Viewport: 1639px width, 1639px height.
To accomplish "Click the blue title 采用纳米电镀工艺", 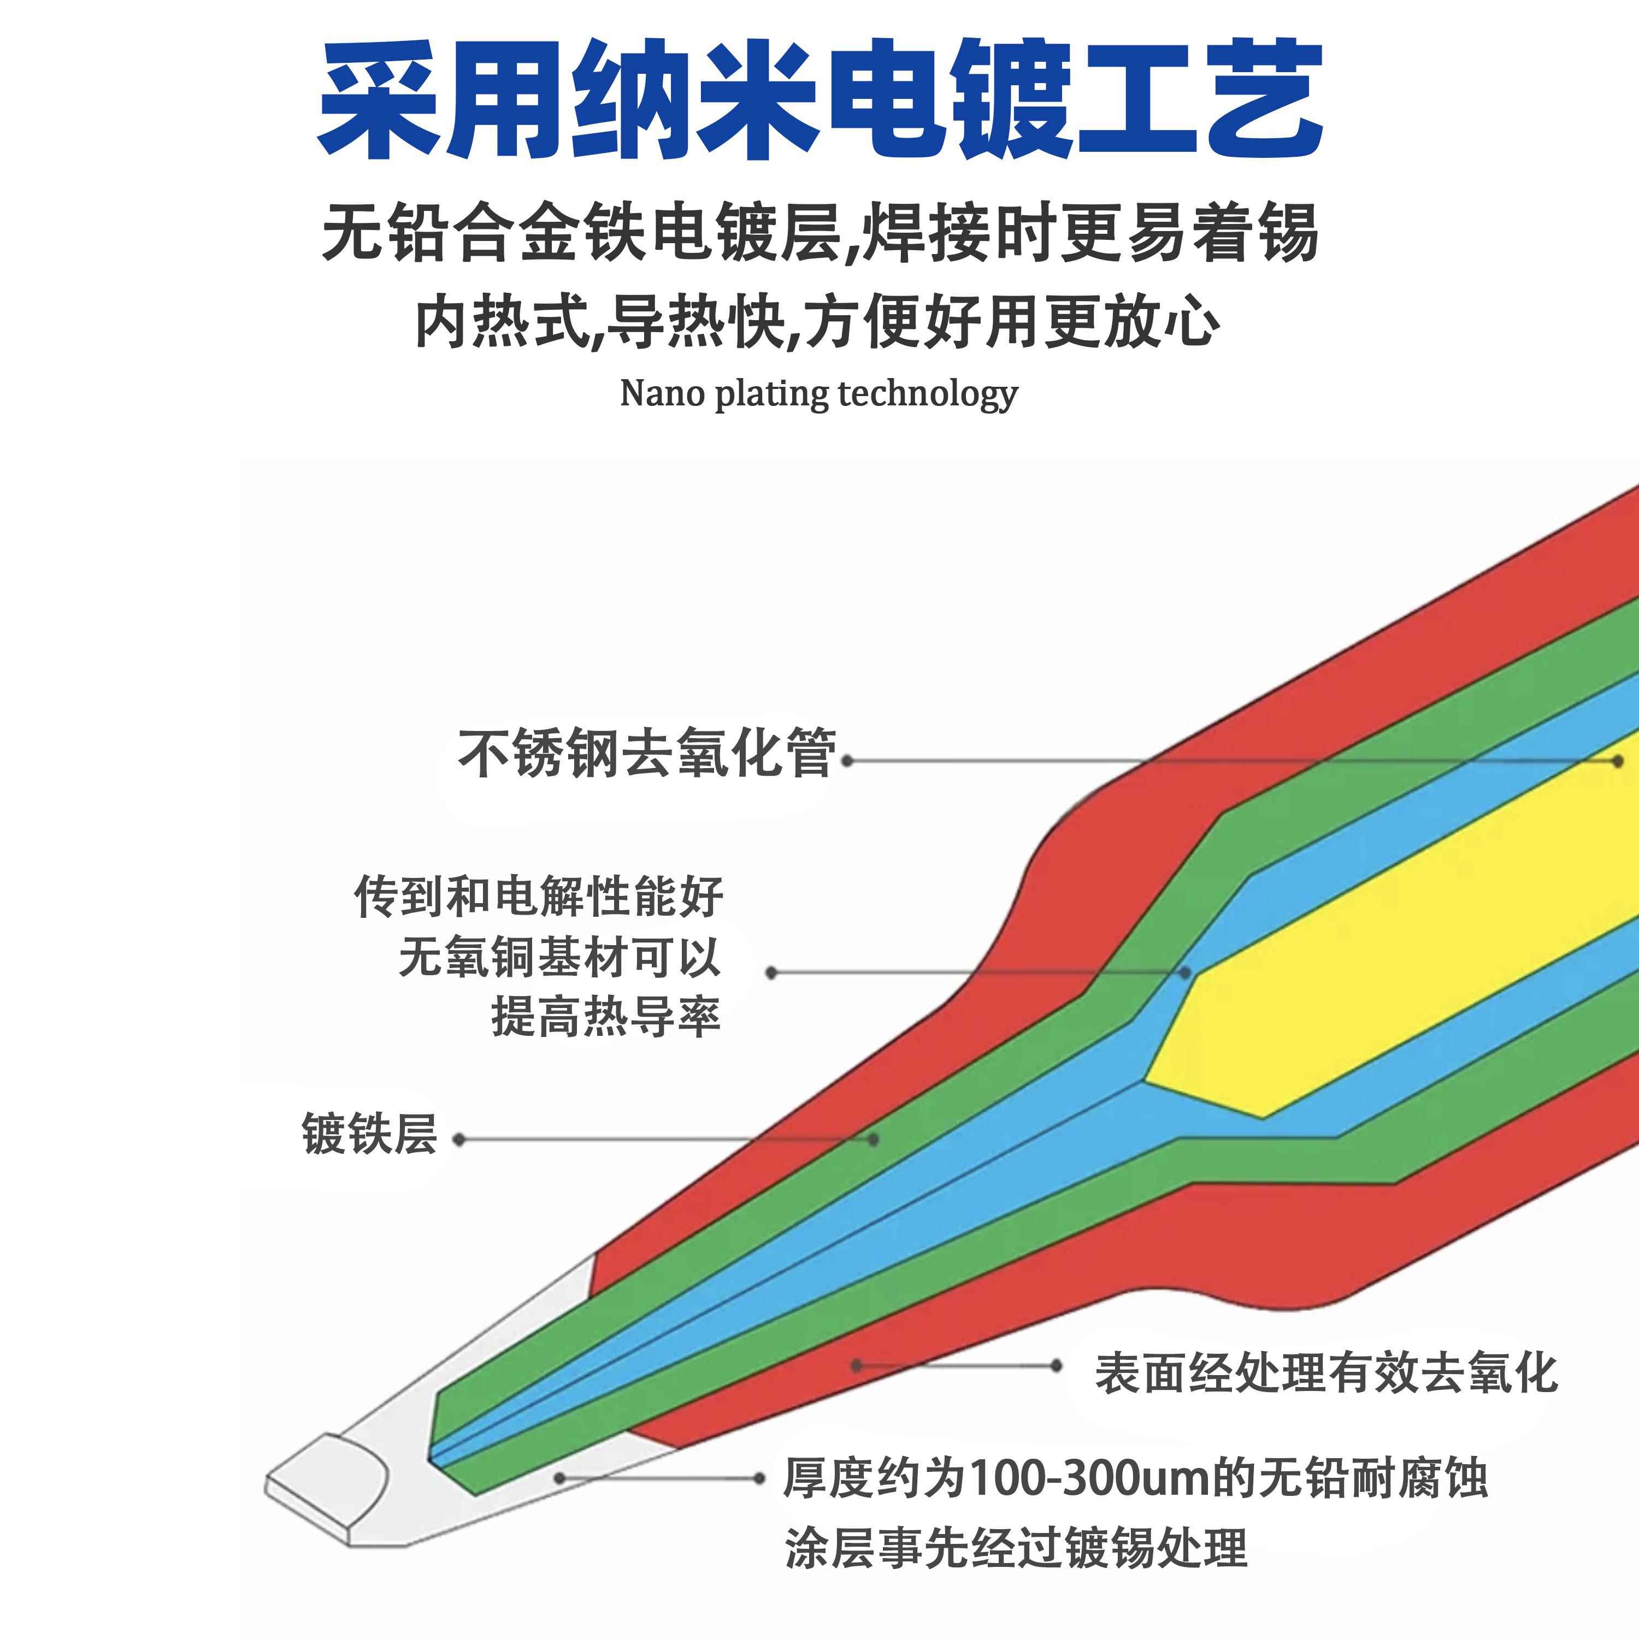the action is tap(819, 100).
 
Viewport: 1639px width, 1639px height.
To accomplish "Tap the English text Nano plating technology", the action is tap(818, 393).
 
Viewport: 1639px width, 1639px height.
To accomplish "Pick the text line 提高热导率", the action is tap(606, 1016).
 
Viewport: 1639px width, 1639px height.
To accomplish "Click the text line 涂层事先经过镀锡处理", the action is tap(1016, 1548).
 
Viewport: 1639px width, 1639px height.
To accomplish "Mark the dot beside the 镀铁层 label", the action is tap(459, 1139).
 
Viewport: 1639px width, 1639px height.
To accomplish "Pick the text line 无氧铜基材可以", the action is tap(560, 957).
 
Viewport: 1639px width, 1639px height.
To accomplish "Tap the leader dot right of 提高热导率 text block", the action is tap(771, 972).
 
